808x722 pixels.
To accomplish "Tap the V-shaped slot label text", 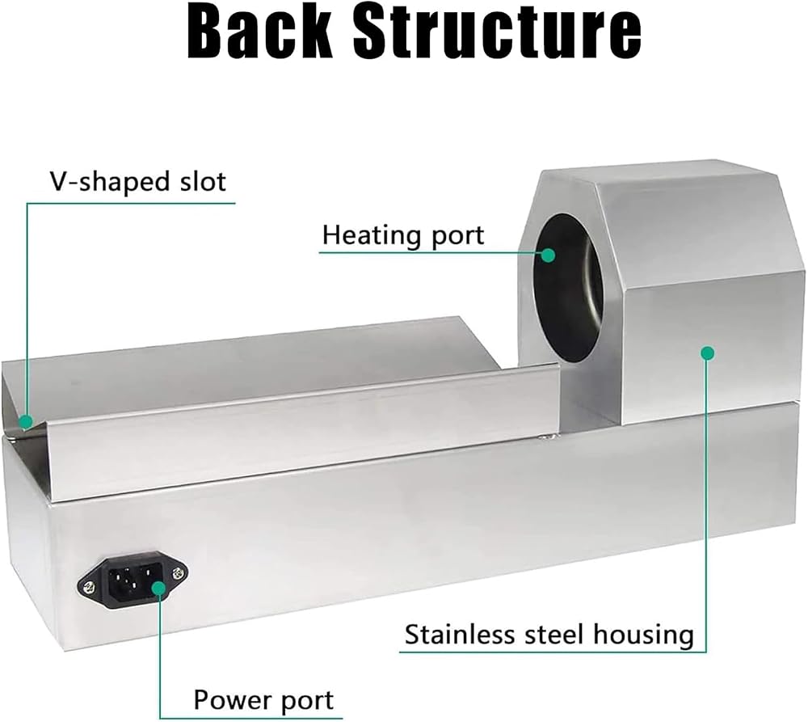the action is [x=137, y=182].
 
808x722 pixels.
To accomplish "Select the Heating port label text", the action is [x=403, y=235].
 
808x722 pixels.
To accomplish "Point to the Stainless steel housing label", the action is [x=549, y=635].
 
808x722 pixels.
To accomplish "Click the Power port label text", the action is [x=263, y=700].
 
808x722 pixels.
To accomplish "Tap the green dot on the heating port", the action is [x=548, y=255].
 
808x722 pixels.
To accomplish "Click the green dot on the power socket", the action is [x=159, y=588].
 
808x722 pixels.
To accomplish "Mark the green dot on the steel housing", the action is [x=708, y=353].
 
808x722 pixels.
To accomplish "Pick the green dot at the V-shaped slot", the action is [x=26, y=421].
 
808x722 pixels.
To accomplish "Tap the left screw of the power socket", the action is [x=89, y=586].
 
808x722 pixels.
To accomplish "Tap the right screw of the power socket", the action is [x=178, y=573].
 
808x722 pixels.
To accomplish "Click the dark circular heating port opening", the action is [x=570, y=287].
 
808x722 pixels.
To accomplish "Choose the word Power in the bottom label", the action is [x=229, y=700].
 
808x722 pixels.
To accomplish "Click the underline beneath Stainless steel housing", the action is [x=553, y=652].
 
